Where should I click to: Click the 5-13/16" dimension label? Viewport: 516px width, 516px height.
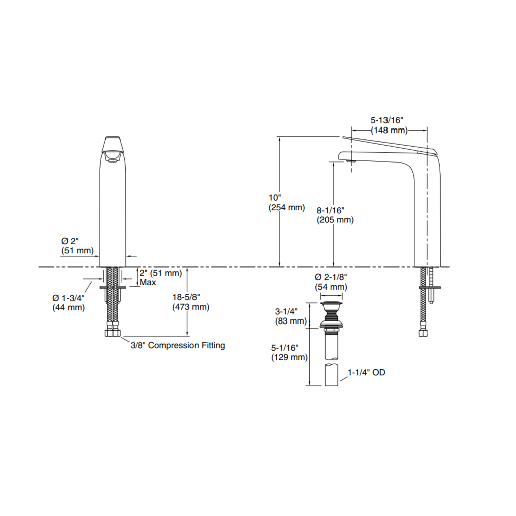click(x=386, y=120)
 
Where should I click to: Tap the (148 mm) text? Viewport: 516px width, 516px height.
click(x=390, y=131)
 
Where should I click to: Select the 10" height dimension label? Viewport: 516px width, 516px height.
click(x=275, y=198)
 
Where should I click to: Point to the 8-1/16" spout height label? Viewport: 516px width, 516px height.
click(x=331, y=210)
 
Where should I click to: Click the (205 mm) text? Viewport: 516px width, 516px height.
click(x=335, y=220)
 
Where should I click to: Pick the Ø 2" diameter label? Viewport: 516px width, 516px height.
click(x=70, y=241)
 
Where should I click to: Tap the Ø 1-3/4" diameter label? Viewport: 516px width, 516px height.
click(x=69, y=298)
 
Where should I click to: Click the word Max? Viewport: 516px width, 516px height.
click(x=148, y=282)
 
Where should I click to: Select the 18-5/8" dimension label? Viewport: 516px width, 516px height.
click(x=186, y=297)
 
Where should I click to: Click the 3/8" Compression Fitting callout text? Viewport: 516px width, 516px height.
click(x=178, y=345)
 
